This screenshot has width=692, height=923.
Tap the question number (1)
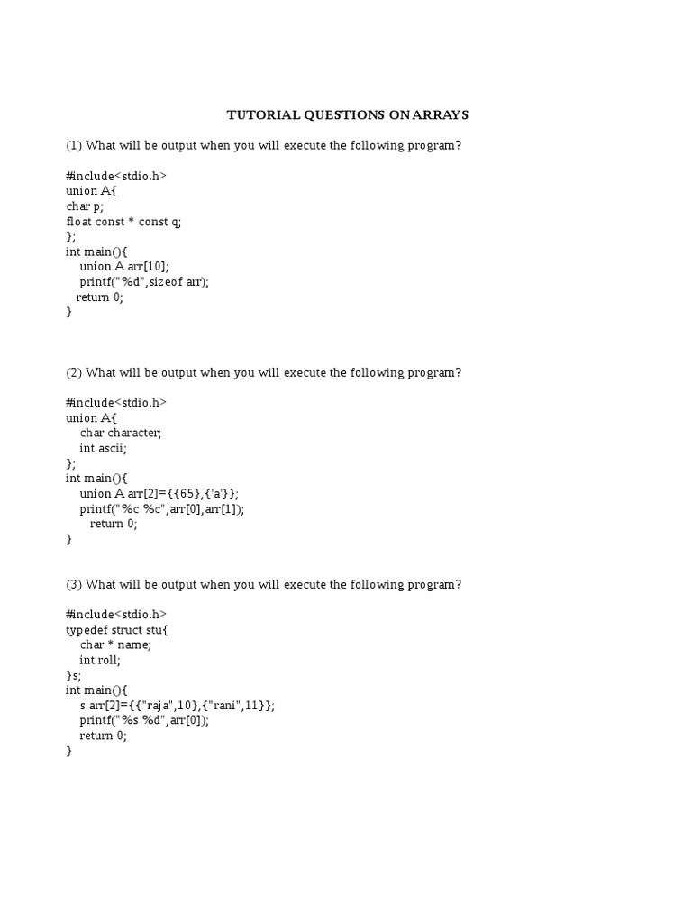tap(74, 145)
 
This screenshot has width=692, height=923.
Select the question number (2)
tap(74, 372)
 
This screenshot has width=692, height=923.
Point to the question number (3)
tap(74, 584)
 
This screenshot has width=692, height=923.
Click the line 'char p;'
tap(85, 206)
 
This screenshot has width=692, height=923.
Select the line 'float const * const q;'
tap(123, 221)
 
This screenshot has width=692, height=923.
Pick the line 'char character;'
tap(120, 433)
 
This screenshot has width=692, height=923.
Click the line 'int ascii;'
tap(103, 448)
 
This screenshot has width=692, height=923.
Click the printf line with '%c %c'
tap(162, 508)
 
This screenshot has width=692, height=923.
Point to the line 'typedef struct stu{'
tap(117, 629)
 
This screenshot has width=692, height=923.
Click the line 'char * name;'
tap(115, 644)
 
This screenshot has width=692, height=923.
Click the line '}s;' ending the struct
tap(73, 675)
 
